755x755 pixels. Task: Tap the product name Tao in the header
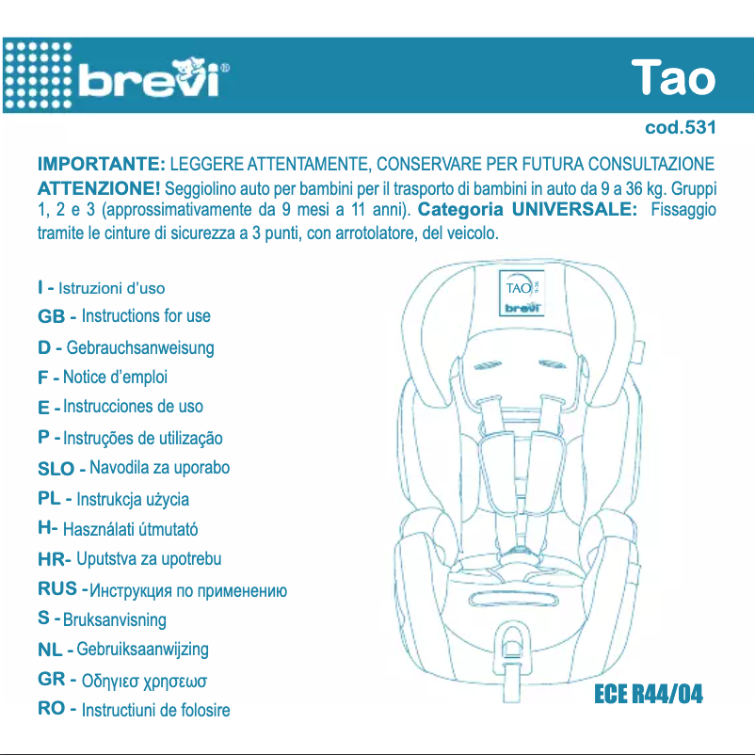[x=672, y=78]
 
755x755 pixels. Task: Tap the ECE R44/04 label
[x=648, y=696]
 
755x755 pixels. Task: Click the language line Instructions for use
[x=146, y=316]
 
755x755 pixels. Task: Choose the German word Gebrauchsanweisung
[x=140, y=348]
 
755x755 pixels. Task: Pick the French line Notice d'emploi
[x=115, y=377]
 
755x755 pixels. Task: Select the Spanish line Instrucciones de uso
[x=133, y=407]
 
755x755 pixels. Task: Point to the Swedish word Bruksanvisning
[x=114, y=620]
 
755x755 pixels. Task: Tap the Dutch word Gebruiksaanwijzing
[x=142, y=650]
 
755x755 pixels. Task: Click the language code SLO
[x=56, y=469]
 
